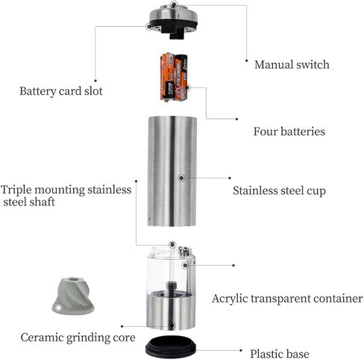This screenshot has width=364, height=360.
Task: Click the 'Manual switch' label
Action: point(292,65)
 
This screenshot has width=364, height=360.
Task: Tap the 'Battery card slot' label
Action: point(61,91)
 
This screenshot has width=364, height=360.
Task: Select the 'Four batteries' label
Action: point(289,131)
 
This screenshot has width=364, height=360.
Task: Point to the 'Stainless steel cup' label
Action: point(279,190)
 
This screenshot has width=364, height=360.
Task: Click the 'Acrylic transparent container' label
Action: point(287,299)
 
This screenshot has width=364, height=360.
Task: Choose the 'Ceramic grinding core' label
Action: point(78,338)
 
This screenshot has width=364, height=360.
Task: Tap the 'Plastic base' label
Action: point(280,353)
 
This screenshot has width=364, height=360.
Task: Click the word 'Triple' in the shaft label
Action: point(16,190)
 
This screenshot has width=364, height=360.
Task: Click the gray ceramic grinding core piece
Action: point(73,295)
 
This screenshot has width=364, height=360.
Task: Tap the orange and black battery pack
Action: point(174,77)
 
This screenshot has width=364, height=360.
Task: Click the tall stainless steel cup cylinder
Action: point(172,171)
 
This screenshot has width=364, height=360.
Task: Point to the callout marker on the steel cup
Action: point(181,178)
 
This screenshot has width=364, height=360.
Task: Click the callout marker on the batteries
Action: point(188,87)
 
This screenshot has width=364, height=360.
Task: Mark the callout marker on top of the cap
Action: point(174,4)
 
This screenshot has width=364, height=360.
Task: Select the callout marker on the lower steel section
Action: point(172,326)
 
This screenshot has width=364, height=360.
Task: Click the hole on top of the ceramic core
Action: point(73,279)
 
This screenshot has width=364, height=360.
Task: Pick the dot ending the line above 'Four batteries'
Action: point(236,119)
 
